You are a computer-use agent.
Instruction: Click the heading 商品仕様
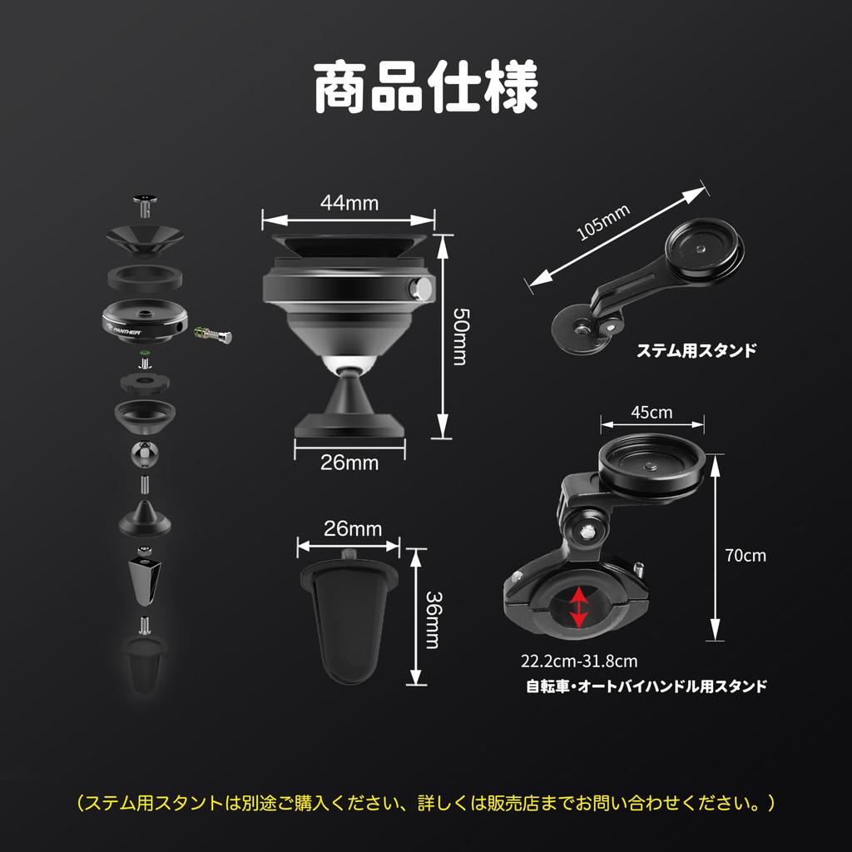tap(425, 86)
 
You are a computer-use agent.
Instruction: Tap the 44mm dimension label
tap(349, 202)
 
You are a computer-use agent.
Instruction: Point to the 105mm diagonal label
tap(602, 222)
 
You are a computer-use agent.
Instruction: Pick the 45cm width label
tap(651, 413)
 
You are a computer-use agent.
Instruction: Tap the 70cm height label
tap(745, 555)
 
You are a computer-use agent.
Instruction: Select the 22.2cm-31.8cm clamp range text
tap(579, 662)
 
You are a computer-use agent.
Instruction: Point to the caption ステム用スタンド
tap(696, 350)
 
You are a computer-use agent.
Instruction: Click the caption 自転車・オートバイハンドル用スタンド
tap(646, 687)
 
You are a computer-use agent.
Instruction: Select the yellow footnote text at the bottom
tap(425, 803)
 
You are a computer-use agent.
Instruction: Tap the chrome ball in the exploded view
tap(146, 455)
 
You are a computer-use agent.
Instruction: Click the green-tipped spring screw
tap(212, 334)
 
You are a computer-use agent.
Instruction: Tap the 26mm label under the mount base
tap(349, 463)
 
